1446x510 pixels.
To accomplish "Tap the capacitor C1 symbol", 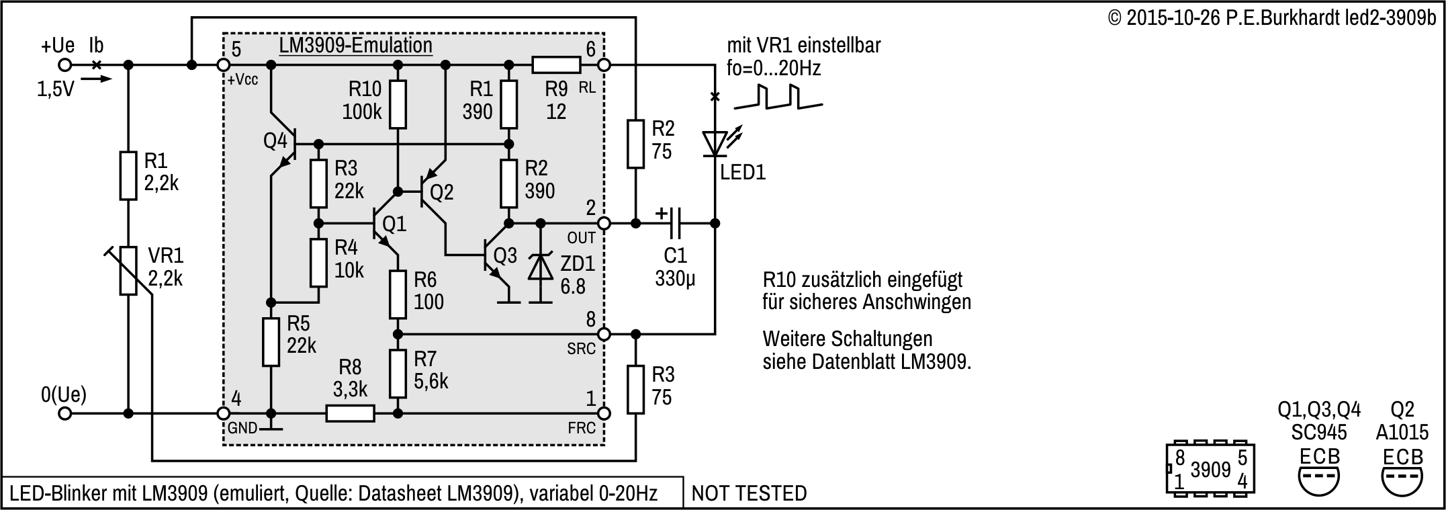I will (x=675, y=222).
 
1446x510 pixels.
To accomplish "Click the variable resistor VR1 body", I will (x=128, y=270).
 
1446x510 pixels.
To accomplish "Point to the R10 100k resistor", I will (x=398, y=104).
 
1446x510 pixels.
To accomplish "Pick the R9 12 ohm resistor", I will (x=556, y=65).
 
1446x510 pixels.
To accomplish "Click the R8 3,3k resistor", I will (x=350, y=413).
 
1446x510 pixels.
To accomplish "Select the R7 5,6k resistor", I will (x=398, y=373).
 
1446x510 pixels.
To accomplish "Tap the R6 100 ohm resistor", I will (x=398, y=294).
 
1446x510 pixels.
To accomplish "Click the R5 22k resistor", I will (x=270, y=342).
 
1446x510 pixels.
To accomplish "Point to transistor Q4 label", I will (x=275, y=142).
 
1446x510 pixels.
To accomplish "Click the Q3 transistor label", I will (x=505, y=255).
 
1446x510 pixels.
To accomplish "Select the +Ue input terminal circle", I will (x=64, y=65).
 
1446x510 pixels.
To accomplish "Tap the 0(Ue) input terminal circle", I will (x=64, y=413).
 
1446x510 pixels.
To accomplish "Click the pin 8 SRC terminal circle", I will (x=604, y=333).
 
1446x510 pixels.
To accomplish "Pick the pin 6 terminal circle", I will (x=604, y=65).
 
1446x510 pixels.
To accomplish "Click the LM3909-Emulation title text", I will (x=355, y=46).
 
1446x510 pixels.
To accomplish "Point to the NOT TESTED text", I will (x=749, y=494).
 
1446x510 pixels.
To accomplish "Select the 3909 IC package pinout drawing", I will (x=1210, y=469).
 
